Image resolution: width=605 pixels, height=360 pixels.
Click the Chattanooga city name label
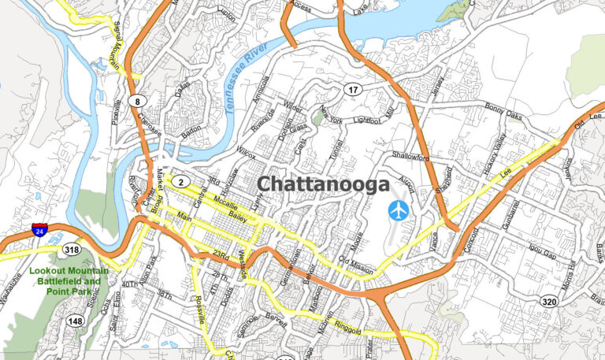324,184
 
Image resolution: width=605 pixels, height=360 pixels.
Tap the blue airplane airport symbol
399,210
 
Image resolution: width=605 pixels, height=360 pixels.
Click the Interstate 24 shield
39,230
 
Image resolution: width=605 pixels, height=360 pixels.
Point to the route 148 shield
76,321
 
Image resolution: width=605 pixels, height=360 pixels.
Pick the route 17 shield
354,90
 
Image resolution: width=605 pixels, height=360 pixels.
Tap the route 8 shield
138,101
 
